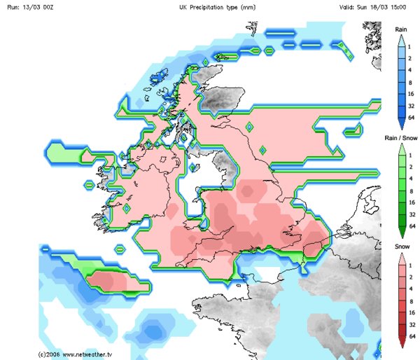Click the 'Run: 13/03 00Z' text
29,6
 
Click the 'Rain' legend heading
401,29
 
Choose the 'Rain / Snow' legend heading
401,139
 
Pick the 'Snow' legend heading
401,247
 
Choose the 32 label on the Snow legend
412,324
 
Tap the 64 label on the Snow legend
412,336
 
